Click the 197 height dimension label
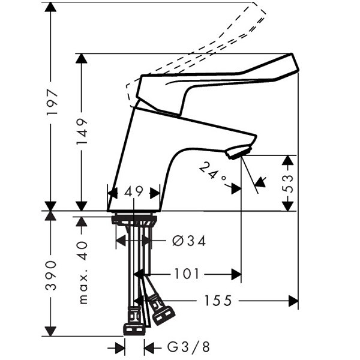click(52, 103)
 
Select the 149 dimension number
click(82, 131)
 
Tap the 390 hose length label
click(51, 275)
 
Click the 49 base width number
click(134, 192)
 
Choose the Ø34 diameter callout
click(189, 241)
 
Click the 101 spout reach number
click(187, 274)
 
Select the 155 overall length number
click(218, 301)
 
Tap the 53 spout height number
click(287, 183)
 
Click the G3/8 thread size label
click(188, 347)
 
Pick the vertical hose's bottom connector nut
click(134, 328)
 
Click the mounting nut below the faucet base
click(134, 220)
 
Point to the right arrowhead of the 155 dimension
click(293, 301)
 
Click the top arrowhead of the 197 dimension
click(50, 7)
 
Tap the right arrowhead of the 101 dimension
click(236, 274)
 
